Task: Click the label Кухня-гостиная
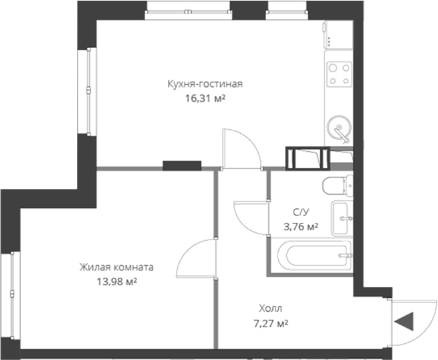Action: pyautogui.click(x=205, y=84)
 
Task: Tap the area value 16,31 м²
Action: pyautogui.click(x=205, y=97)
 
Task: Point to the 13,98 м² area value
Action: pyautogui.click(x=117, y=282)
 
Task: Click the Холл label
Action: pyautogui.click(x=271, y=309)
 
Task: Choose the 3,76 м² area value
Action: pyautogui.click(x=301, y=227)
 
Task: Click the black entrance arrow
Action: pyautogui.click(x=403, y=323)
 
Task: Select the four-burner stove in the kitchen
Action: pyautogui.click(x=339, y=74)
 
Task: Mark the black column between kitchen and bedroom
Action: pyautogui.click(x=182, y=164)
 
